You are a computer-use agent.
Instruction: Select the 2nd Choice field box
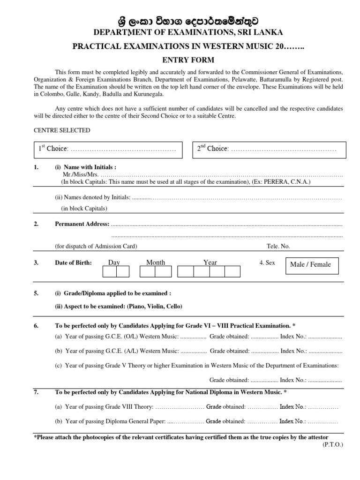(x=270, y=149)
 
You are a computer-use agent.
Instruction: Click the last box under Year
(x=232, y=272)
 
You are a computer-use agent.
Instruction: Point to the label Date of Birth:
(x=73, y=263)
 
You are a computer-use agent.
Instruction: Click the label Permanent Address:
(x=82, y=224)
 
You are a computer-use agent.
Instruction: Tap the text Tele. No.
(x=278, y=247)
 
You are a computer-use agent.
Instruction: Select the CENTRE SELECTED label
(x=62, y=130)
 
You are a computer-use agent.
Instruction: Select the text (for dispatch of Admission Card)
(x=96, y=247)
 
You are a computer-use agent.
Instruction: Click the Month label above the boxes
(x=156, y=262)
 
